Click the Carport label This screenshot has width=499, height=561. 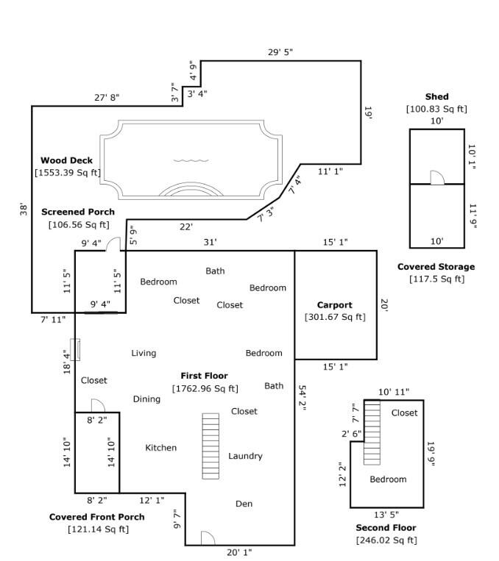pos(334,305)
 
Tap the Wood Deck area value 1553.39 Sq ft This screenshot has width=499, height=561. pos(67,173)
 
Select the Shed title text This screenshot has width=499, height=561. pos(436,97)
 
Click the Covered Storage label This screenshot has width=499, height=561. pos(436,267)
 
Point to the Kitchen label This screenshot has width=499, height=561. pos(160,448)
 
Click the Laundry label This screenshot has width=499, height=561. pos(245,456)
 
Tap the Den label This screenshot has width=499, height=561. pos(244,504)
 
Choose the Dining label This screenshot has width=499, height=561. pos(146,399)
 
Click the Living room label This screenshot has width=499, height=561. pos(144,353)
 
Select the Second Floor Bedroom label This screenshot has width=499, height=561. pos(388,479)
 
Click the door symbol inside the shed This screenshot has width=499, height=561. pos(437,177)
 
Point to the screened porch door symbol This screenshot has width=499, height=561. pos(114,244)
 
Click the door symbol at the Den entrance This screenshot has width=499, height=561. pos(207,538)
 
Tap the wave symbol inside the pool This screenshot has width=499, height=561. pos(191,160)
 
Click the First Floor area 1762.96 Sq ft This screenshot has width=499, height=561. pos(205,388)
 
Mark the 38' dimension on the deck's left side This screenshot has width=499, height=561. pos(24,210)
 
